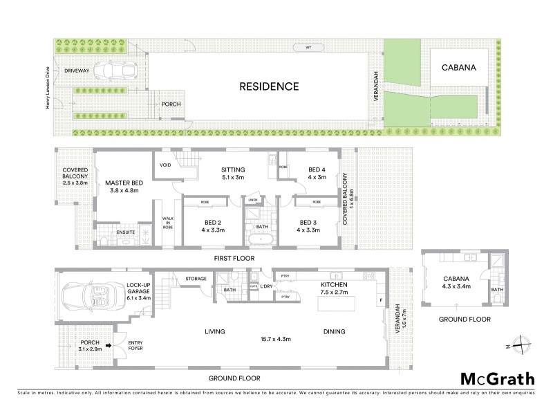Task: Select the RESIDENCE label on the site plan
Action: [269, 87]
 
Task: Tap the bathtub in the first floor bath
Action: [260, 241]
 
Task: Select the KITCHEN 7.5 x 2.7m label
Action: [333, 288]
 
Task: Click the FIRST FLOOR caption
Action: [234, 259]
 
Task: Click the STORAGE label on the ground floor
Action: [196, 279]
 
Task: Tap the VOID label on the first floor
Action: [165, 165]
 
